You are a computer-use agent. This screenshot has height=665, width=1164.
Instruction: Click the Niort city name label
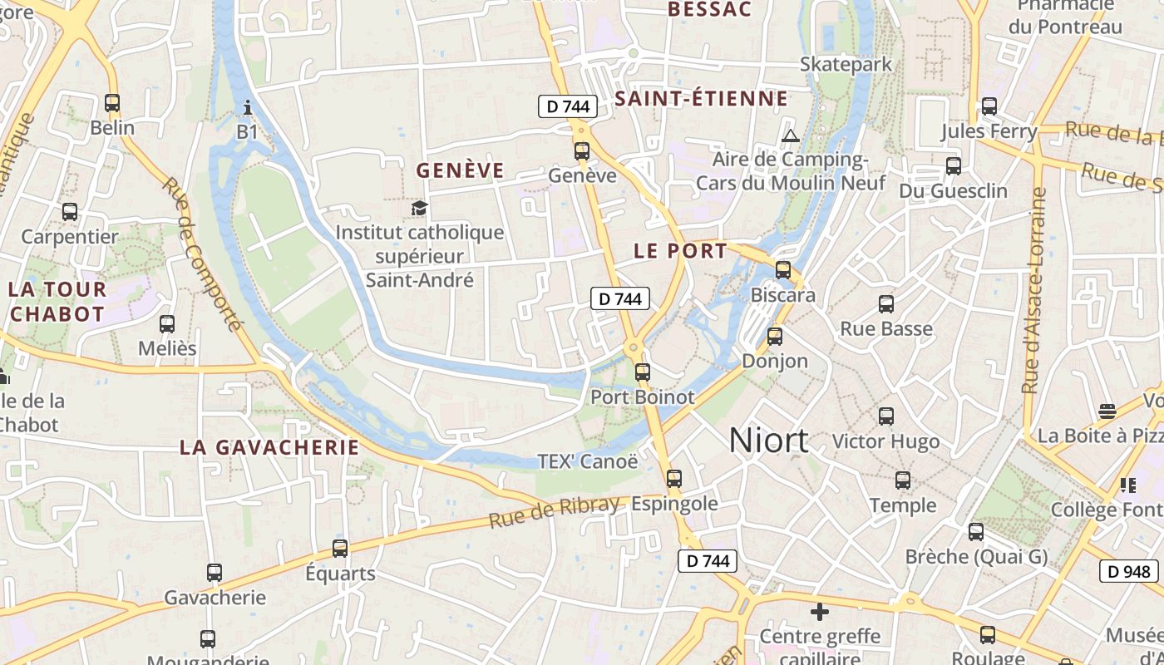tap(768, 441)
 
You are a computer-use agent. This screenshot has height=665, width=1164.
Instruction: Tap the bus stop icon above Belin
tap(112, 103)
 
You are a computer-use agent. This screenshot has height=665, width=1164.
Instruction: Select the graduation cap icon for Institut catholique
tap(419, 208)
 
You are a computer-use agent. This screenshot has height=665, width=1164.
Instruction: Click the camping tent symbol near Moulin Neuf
tap(790, 135)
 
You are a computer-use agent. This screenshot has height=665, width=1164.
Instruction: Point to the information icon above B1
tap(248, 107)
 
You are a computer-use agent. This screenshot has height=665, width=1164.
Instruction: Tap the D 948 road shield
tap(1130, 571)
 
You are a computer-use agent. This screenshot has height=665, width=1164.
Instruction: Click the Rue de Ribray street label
tap(554, 511)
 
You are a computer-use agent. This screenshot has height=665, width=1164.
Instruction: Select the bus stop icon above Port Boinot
tap(642, 372)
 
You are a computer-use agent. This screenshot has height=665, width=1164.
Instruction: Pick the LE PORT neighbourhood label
tap(680, 251)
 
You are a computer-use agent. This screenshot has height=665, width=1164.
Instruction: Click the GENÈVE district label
tap(460, 170)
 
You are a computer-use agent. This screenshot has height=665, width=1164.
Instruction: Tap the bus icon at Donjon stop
tap(775, 337)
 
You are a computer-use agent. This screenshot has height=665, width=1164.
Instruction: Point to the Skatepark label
tap(846, 64)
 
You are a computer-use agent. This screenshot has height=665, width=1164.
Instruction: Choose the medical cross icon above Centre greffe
tap(820, 612)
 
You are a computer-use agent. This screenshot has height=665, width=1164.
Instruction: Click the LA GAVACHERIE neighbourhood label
tap(269, 447)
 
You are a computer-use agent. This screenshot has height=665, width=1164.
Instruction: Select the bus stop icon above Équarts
tap(340, 549)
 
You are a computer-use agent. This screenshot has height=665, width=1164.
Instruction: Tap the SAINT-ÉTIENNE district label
tap(701, 99)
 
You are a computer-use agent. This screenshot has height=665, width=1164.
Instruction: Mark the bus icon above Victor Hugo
tap(886, 416)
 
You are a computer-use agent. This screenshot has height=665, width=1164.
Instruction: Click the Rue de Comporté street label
tap(203, 254)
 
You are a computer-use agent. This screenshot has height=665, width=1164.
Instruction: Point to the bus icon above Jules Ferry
tap(989, 106)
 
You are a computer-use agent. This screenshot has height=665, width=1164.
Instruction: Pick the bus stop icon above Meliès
tap(167, 323)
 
